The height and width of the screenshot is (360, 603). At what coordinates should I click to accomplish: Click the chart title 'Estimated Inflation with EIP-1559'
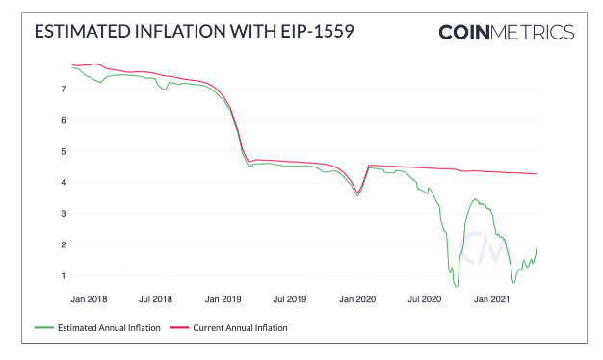pyautogui.click(x=194, y=31)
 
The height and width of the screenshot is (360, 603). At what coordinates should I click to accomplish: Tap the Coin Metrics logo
pyautogui.click(x=507, y=33)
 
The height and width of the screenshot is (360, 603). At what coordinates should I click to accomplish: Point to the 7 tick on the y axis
pyautogui.click(x=63, y=90)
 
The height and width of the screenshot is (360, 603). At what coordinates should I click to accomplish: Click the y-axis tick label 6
pyautogui.click(x=63, y=120)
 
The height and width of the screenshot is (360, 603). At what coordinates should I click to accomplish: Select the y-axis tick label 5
pyautogui.click(x=63, y=151)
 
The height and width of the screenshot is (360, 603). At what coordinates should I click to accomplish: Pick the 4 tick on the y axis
pyautogui.click(x=63, y=183)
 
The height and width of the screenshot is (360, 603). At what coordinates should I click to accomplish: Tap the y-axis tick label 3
pyautogui.click(x=63, y=214)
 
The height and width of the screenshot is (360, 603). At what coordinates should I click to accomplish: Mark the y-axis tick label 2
pyautogui.click(x=63, y=244)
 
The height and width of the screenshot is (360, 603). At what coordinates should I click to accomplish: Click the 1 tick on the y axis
pyautogui.click(x=63, y=276)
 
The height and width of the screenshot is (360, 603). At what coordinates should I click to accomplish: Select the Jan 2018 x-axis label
pyautogui.click(x=89, y=299)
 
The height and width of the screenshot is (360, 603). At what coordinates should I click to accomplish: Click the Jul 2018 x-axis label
pyautogui.click(x=155, y=299)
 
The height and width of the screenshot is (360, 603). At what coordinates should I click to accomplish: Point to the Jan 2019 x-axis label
pyautogui.click(x=223, y=299)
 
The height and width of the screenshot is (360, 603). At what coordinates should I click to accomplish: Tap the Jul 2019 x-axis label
pyautogui.click(x=290, y=299)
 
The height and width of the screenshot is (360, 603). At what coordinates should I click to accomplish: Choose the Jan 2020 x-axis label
pyautogui.click(x=357, y=299)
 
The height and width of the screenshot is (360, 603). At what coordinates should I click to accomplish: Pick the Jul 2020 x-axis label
pyautogui.click(x=425, y=299)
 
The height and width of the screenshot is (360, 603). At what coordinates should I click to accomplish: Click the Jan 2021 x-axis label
pyautogui.click(x=491, y=299)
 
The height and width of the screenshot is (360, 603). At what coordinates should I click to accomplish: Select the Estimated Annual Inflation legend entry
pyautogui.click(x=97, y=328)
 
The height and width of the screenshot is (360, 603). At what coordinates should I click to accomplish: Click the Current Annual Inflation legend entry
pyautogui.click(x=228, y=328)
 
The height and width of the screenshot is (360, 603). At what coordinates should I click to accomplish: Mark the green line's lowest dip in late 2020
pyautogui.click(x=456, y=286)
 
